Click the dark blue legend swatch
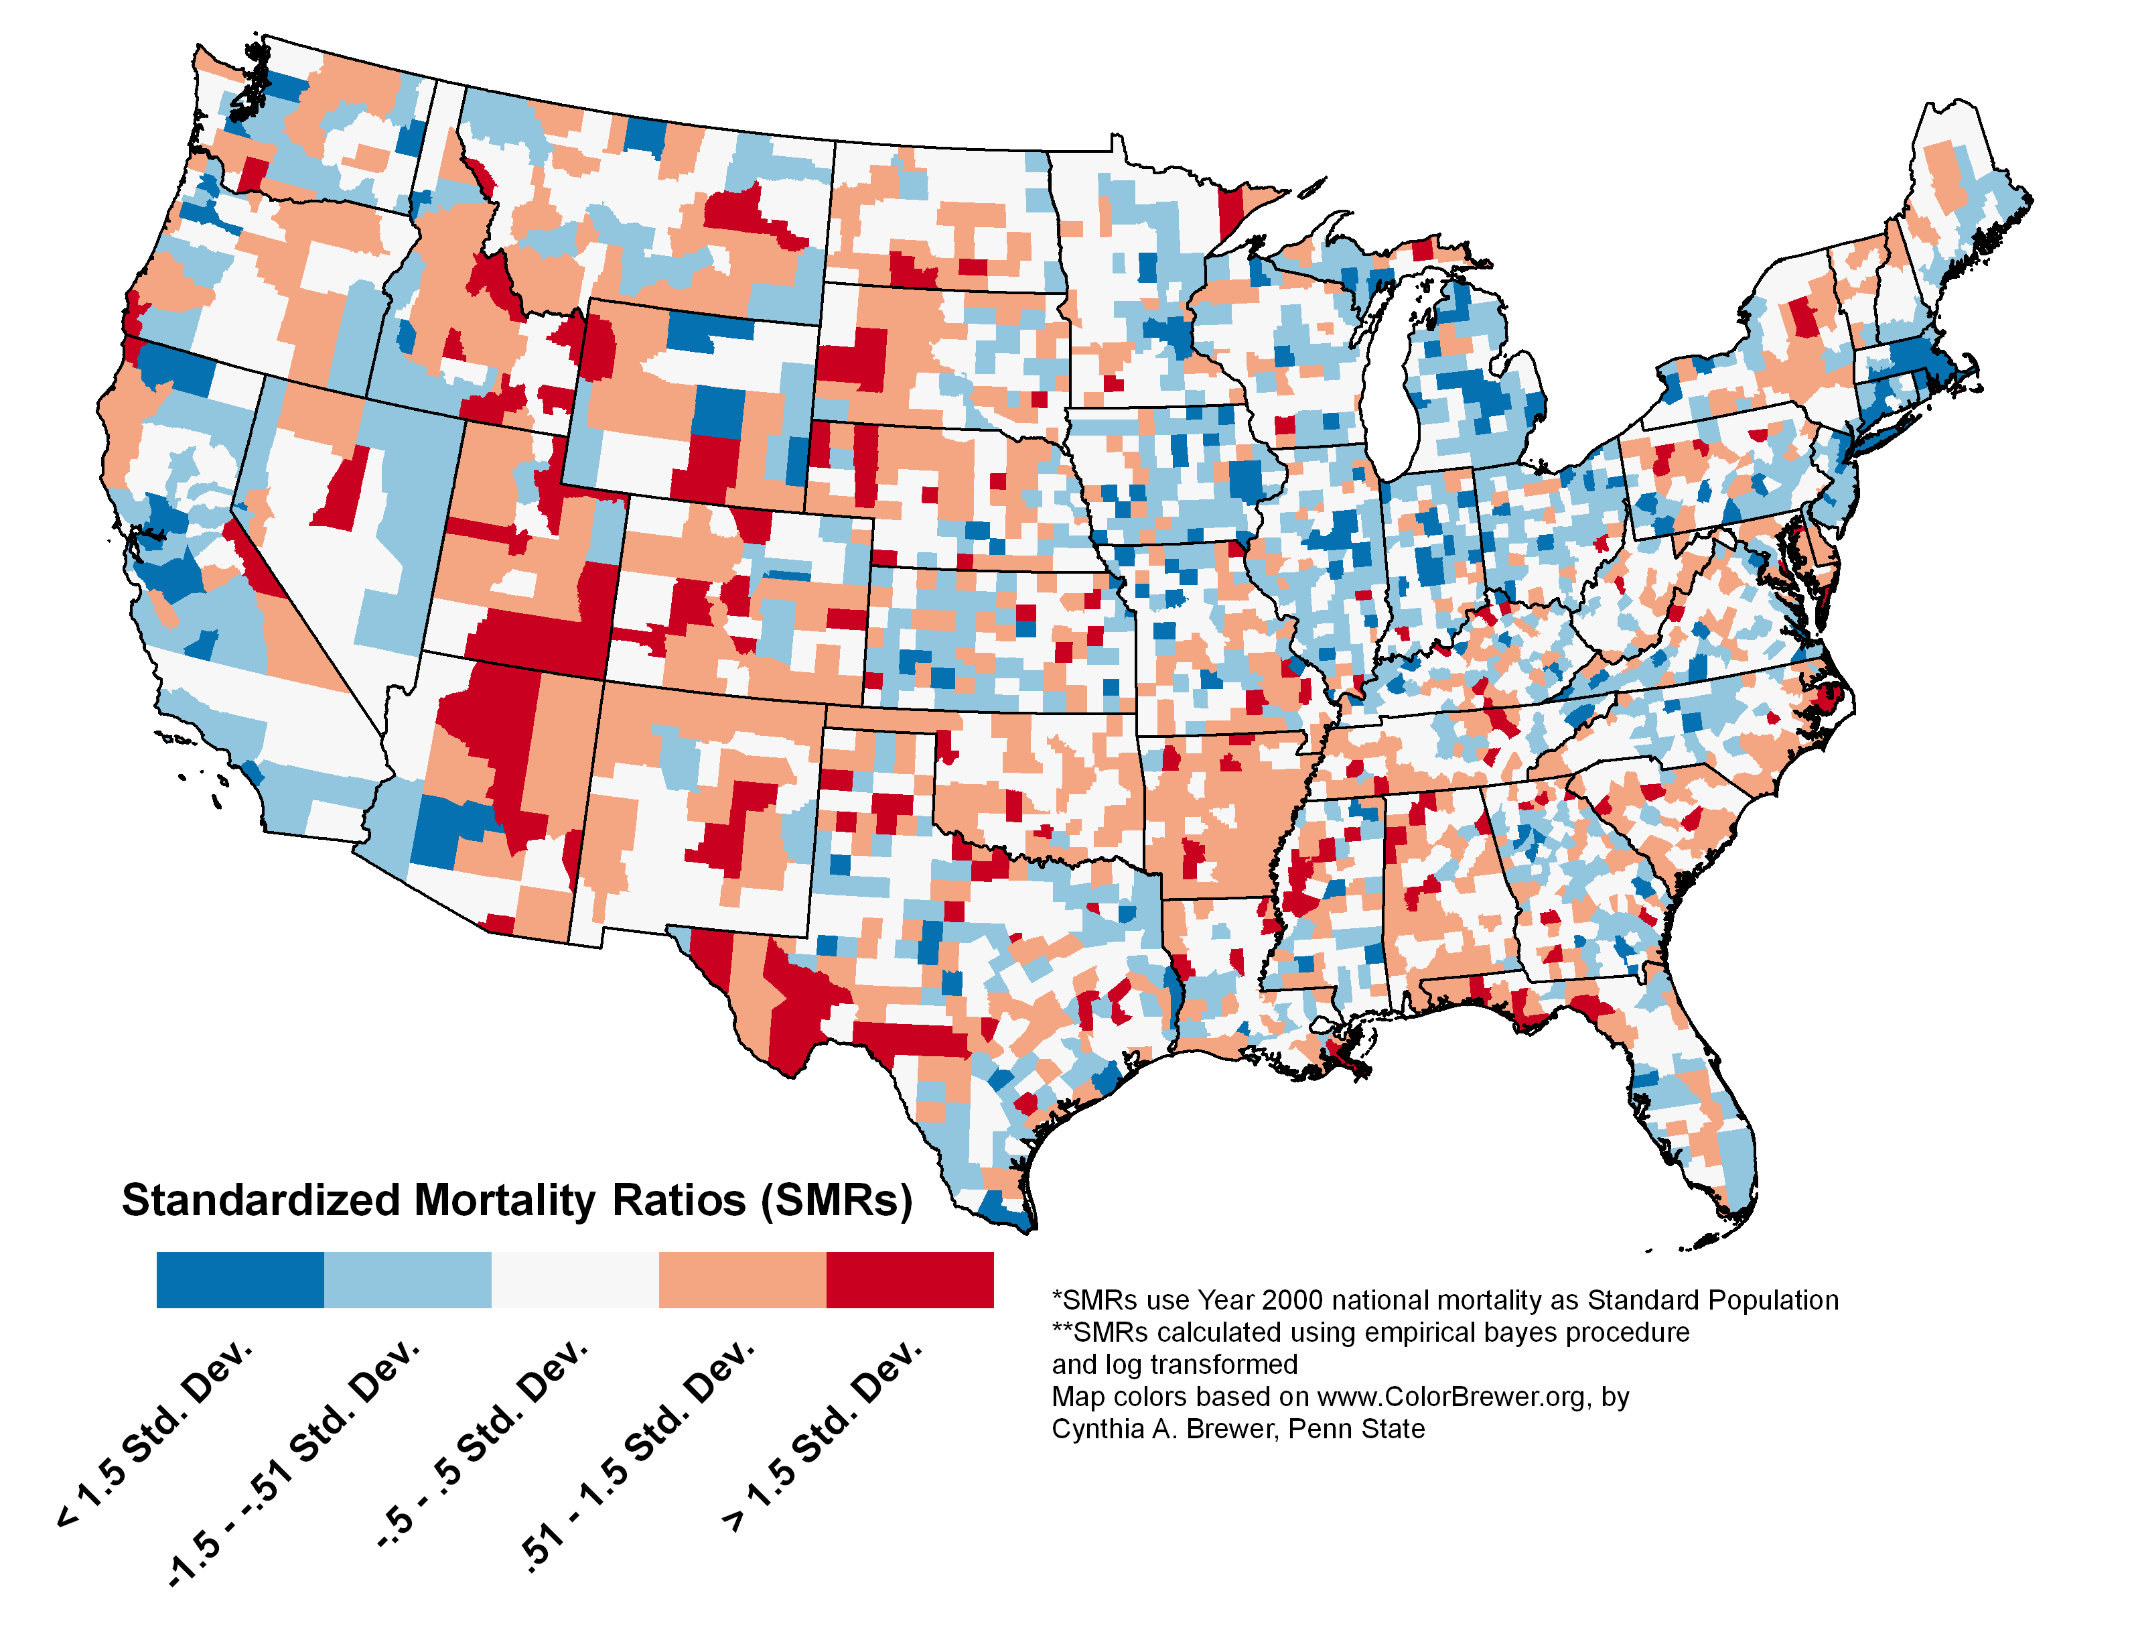click(x=240, y=1279)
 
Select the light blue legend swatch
click(x=408, y=1279)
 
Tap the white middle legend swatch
click(x=575, y=1279)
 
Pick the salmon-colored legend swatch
click(x=743, y=1279)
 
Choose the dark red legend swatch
click(x=910, y=1279)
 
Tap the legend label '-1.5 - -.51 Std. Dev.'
click(x=293, y=1464)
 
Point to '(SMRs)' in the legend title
click(x=837, y=1200)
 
